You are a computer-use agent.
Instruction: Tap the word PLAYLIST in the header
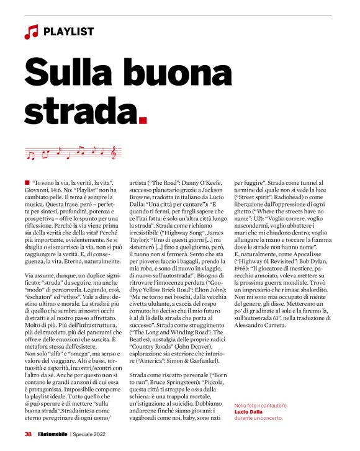[69, 32]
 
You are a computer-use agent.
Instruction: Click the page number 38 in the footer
[28, 434]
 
